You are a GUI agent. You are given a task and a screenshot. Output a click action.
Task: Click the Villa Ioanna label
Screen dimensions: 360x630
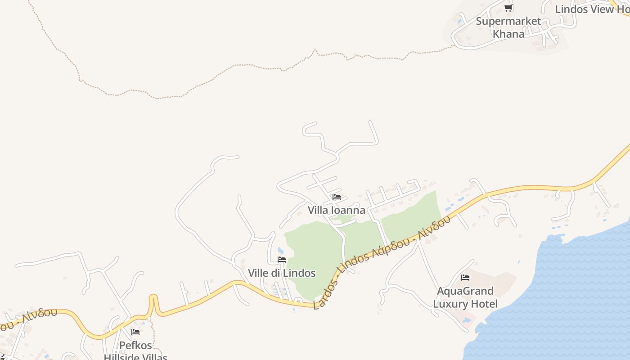(x=336, y=210)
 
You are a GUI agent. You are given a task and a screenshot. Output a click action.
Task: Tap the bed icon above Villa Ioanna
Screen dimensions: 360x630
(x=336, y=197)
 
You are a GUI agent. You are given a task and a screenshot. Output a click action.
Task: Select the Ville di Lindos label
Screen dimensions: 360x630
(x=282, y=273)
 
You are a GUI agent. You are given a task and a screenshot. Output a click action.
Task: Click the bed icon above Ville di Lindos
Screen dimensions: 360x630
(x=282, y=260)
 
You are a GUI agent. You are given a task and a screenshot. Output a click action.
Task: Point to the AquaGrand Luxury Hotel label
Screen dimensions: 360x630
(x=465, y=297)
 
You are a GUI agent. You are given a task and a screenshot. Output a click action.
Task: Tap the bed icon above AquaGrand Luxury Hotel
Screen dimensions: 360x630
(x=465, y=278)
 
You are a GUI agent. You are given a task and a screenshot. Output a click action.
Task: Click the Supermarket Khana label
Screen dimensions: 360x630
(x=508, y=27)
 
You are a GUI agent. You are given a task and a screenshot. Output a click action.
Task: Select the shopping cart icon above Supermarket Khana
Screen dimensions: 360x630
(x=508, y=8)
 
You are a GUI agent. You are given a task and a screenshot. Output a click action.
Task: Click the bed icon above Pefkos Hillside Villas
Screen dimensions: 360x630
(x=135, y=332)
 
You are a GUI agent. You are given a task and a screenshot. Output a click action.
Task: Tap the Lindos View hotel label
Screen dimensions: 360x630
(x=592, y=9)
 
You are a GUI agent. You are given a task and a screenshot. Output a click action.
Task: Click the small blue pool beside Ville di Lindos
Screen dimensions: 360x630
(x=281, y=250)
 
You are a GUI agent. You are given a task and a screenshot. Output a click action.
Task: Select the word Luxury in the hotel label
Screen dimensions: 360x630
(x=450, y=304)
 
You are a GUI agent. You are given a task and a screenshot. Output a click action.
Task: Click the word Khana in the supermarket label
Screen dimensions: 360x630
(x=508, y=34)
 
